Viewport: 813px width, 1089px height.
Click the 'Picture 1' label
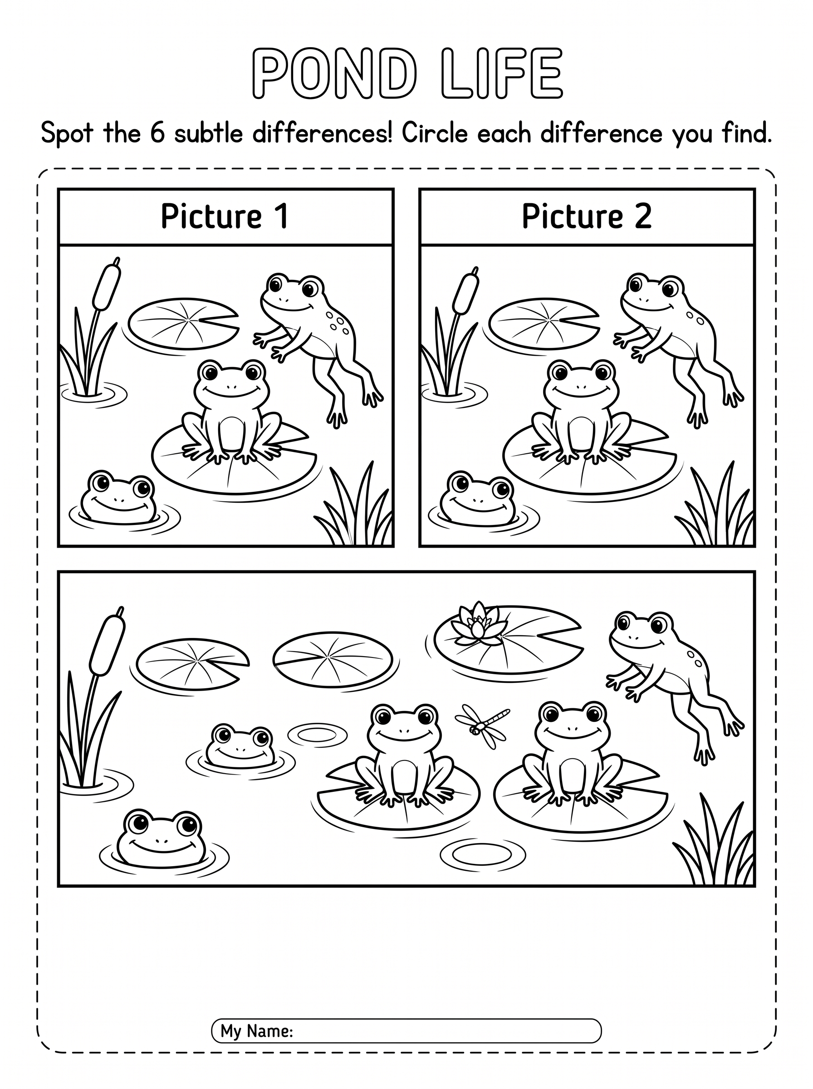tap(225, 216)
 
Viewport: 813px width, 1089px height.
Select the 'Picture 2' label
tap(587, 216)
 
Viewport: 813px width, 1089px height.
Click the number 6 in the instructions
tap(157, 133)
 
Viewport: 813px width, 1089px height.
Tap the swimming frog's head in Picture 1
tap(118, 497)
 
